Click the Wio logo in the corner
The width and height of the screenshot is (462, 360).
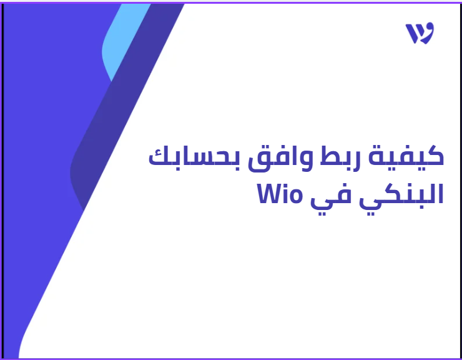[x=420, y=33]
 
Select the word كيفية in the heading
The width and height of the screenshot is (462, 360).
[x=406, y=158]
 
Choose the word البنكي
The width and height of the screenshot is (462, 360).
[x=402, y=196]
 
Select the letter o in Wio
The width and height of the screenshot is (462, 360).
[x=294, y=196]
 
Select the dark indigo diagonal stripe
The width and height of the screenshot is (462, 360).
[x=127, y=106]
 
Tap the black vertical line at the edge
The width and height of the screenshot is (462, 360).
[x=2, y=181]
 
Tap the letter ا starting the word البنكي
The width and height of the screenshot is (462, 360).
[x=441, y=194]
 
